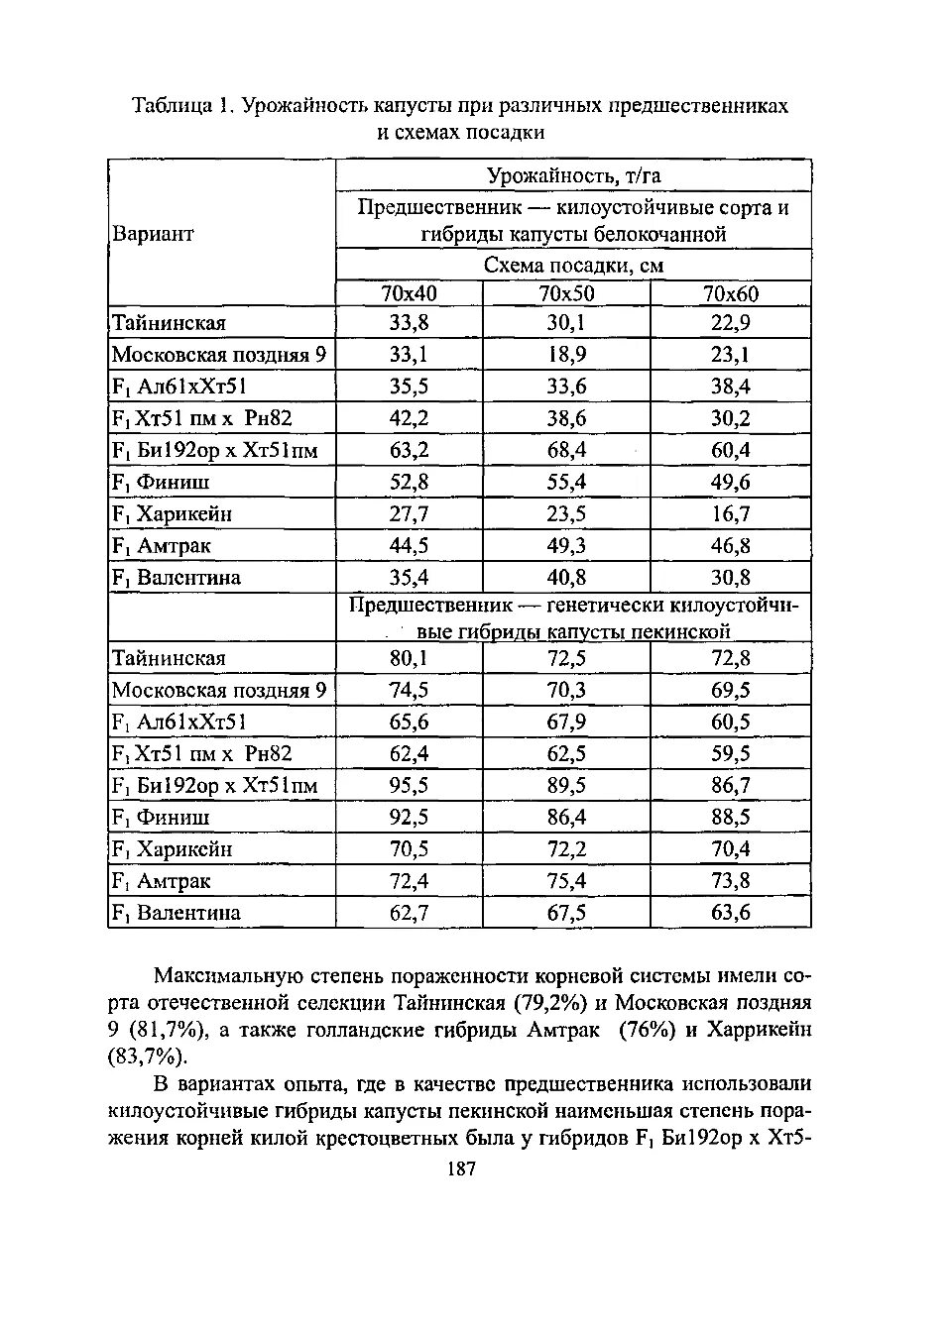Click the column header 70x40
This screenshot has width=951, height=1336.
[x=409, y=293]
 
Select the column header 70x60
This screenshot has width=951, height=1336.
[x=730, y=293]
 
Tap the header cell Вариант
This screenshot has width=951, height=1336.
[x=153, y=234]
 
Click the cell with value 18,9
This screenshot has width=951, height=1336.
[x=566, y=355]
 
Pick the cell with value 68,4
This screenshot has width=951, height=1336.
[x=566, y=450]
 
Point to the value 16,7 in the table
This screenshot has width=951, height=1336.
[x=730, y=513]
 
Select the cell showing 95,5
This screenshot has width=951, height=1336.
[x=409, y=786]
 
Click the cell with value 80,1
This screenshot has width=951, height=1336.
[x=409, y=659]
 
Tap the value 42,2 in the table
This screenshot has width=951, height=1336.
[x=409, y=418]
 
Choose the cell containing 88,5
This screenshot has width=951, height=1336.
[x=730, y=818]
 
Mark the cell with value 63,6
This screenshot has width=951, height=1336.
[x=730, y=913]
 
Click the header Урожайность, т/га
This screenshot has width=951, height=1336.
[x=573, y=175]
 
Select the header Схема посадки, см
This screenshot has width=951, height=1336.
[x=573, y=266]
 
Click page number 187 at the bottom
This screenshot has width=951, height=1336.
[x=461, y=1169]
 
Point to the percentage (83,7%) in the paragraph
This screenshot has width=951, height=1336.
[x=147, y=1057]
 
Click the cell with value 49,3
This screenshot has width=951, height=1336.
[x=566, y=545]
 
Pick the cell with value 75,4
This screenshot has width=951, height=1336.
[x=566, y=881]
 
